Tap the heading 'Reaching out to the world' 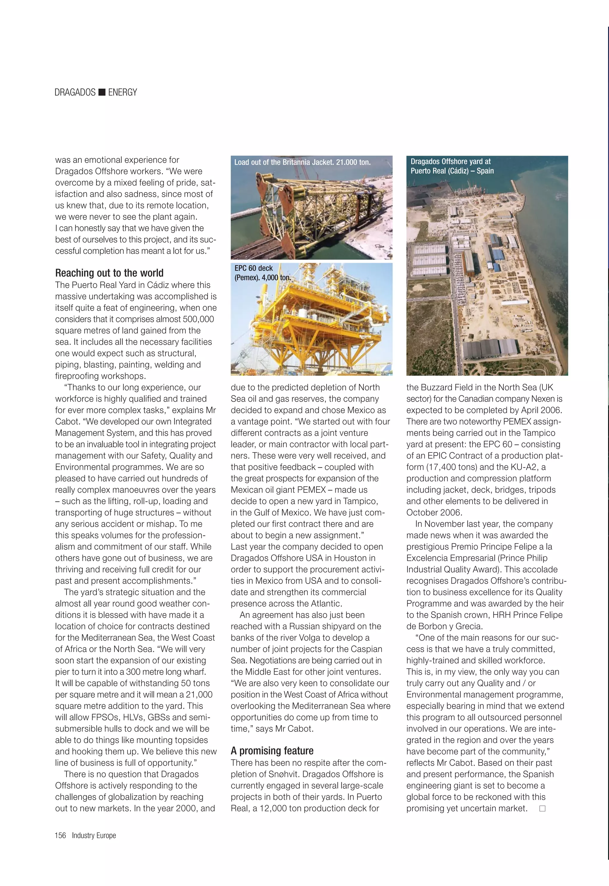[109, 273]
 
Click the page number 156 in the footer [60, 835]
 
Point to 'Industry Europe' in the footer [94, 835]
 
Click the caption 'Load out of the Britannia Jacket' [302, 162]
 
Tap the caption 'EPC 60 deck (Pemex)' [263, 273]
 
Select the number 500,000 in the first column [198, 319]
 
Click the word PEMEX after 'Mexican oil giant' [311, 490]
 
